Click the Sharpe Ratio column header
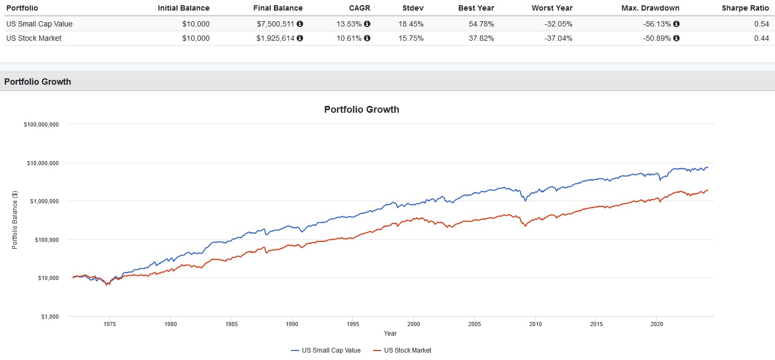click(745, 8)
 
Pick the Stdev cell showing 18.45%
click(412, 24)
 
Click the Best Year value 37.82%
click(479, 38)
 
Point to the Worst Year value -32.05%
click(557, 24)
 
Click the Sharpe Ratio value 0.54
click(761, 24)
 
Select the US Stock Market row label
click(34, 38)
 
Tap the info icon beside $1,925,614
click(300, 38)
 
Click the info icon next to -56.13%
click(676, 24)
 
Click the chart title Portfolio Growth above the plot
click(361, 110)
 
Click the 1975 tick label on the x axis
click(110, 324)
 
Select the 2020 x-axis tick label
click(657, 324)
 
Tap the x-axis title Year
click(390, 334)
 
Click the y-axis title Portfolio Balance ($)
click(15, 220)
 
